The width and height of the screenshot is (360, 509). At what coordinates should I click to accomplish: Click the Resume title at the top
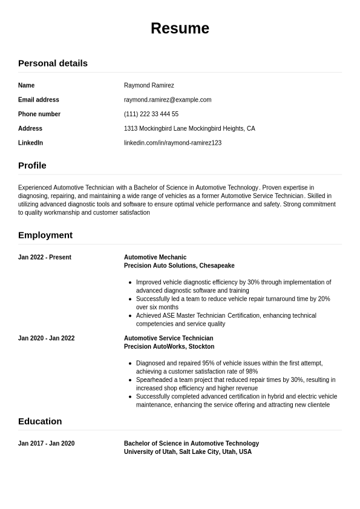(180, 28)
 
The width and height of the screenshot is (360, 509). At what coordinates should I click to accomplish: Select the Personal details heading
(53, 63)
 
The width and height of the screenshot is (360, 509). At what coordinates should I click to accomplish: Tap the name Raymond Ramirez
(149, 85)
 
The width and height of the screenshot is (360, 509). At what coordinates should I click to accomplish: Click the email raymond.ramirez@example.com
(168, 100)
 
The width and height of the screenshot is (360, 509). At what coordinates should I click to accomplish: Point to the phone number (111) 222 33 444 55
(151, 114)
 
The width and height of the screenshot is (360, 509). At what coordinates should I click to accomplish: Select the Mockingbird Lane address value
(189, 128)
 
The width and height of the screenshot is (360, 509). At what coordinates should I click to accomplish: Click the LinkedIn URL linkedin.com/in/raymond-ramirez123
(172, 143)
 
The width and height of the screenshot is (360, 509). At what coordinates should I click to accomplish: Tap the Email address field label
(39, 100)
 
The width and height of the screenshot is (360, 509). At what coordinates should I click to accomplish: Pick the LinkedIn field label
(30, 143)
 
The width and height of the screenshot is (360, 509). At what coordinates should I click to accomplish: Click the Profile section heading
(32, 165)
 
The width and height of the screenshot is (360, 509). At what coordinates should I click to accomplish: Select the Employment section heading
(45, 235)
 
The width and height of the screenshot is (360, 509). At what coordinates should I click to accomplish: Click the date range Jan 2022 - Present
(45, 257)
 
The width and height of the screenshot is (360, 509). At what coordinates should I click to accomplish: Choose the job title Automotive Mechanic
(155, 257)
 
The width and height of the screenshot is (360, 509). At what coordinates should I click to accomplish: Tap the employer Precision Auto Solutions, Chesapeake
(179, 266)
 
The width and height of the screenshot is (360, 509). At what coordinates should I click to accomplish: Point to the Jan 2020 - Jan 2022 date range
(47, 338)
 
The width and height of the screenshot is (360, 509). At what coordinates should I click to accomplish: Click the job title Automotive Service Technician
(168, 338)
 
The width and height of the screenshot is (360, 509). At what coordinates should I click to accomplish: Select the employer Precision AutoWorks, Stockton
(169, 347)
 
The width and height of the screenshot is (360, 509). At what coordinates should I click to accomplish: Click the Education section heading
(40, 421)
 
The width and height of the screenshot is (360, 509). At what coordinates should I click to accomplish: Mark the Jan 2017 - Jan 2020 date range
(47, 444)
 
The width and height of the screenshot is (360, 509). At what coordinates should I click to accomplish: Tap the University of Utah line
(188, 452)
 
